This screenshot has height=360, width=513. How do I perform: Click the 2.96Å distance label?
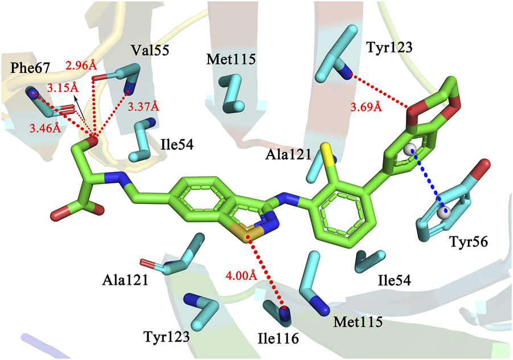[85, 65]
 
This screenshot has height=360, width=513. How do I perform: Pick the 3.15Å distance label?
[63, 88]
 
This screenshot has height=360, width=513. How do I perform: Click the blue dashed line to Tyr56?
[427, 182]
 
